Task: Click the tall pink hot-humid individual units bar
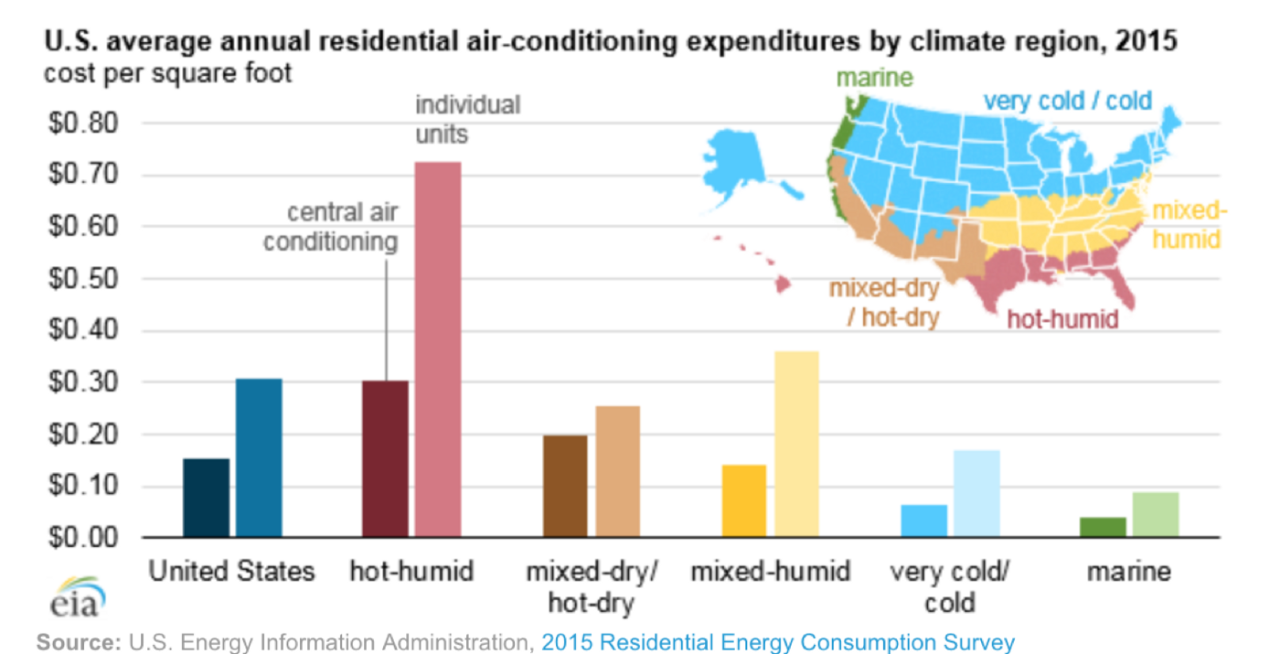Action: (438, 349)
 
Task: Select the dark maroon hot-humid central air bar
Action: (385, 458)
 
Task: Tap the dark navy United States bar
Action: (207, 498)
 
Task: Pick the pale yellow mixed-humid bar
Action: (796, 445)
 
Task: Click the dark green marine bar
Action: (1103, 527)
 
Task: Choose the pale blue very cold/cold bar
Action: (976, 494)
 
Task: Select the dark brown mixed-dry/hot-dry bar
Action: (565, 487)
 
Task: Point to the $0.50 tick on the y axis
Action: (83, 279)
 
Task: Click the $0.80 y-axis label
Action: (83, 123)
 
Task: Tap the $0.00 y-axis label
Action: (83, 538)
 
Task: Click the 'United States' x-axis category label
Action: (231, 571)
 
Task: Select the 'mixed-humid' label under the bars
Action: (770, 571)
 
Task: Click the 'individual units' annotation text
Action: (467, 120)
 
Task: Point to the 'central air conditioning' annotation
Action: (331, 227)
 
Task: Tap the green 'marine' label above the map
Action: (874, 78)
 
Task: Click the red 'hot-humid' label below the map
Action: (1062, 319)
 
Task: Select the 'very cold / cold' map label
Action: (1068, 102)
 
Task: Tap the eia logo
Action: (78, 597)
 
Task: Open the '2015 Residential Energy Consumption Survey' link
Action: (778, 642)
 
